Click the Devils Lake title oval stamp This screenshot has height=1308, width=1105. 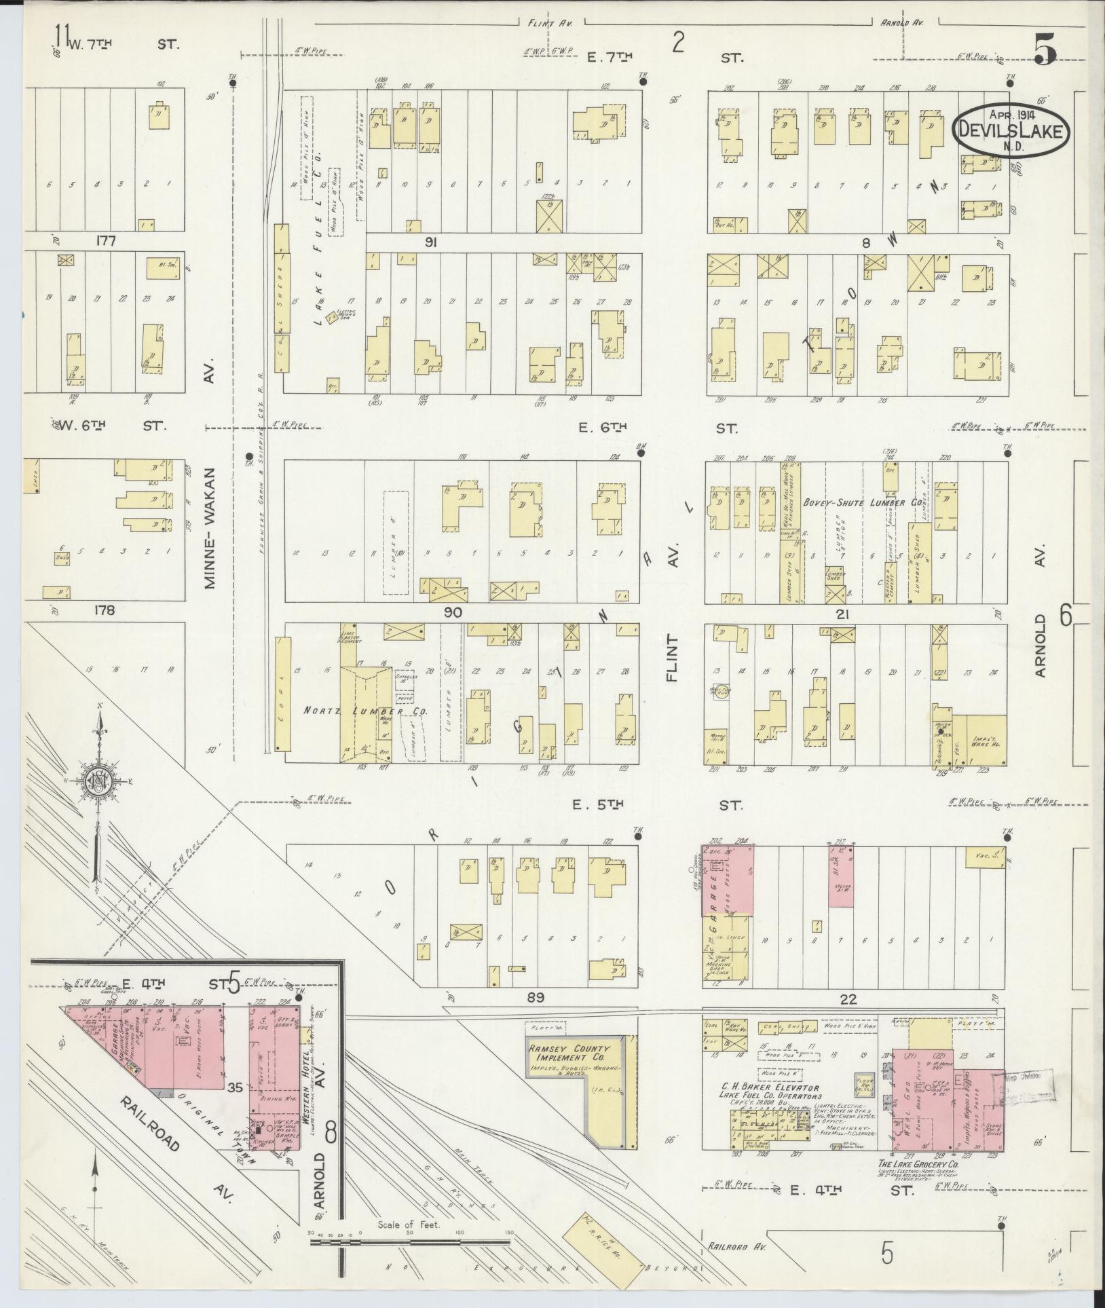1011,130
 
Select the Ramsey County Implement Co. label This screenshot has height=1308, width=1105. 569,1053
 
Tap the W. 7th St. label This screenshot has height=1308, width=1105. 118,45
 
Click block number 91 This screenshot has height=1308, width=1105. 429,242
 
